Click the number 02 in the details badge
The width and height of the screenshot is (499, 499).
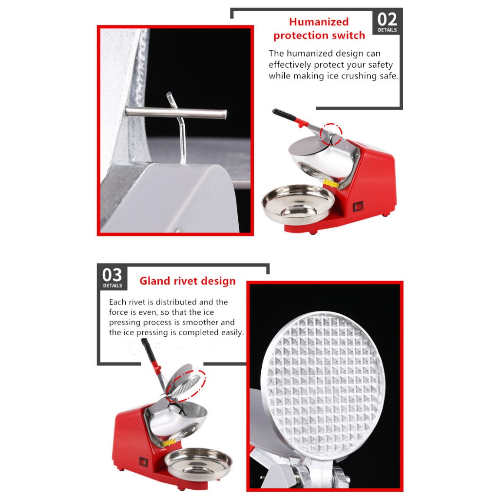pos(387,19)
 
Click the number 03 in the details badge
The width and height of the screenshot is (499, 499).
pos(112,275)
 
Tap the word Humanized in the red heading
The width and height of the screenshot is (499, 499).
pos(319,21)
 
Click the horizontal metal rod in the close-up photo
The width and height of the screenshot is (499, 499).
pos(176,113)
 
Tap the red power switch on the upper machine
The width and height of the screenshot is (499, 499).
pos(358,207)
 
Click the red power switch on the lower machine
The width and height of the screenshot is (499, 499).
pos(143,461)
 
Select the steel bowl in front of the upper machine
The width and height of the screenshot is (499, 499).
pos(298,205)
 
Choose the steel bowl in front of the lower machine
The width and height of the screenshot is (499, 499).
pos(198,463)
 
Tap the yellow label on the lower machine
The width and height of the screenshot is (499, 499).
pos(169,442)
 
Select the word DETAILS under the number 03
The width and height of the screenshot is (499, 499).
pos(113,286)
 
